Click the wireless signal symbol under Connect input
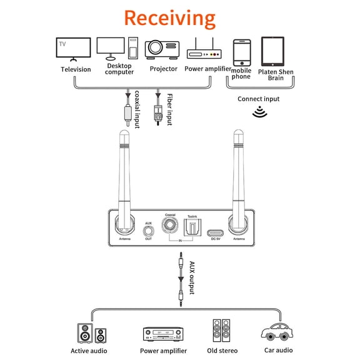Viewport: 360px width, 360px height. coord(258,112)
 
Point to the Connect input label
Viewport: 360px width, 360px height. coord(258,99)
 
